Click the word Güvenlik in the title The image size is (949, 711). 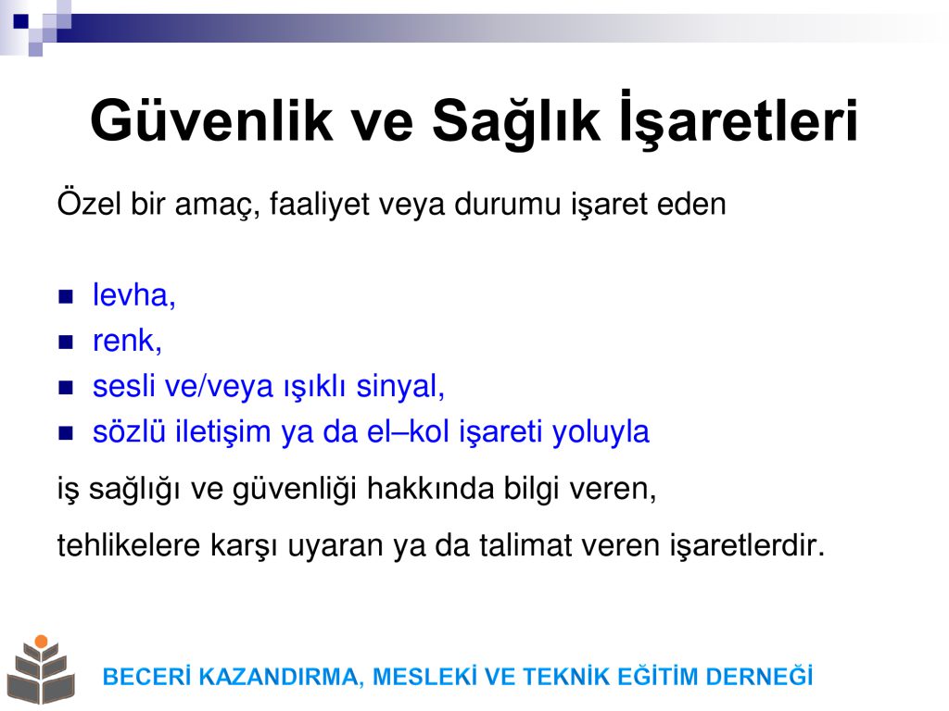tap(211, 120)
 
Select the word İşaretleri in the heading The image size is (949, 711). tap(739, 118)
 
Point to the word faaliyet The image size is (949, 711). tap(319, 203)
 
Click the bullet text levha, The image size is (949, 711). tap(133, 295)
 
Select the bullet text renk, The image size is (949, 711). tap(127, 341)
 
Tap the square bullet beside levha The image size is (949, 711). tap(66, 296)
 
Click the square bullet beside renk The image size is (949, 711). tap(66, 343)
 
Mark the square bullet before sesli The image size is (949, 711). tap(66, 388)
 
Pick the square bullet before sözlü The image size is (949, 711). tap(66, 433)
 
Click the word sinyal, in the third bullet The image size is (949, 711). tap(400, 386)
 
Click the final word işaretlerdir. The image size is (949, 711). tap(747, 545)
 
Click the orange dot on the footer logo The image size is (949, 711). tap(41, 641)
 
